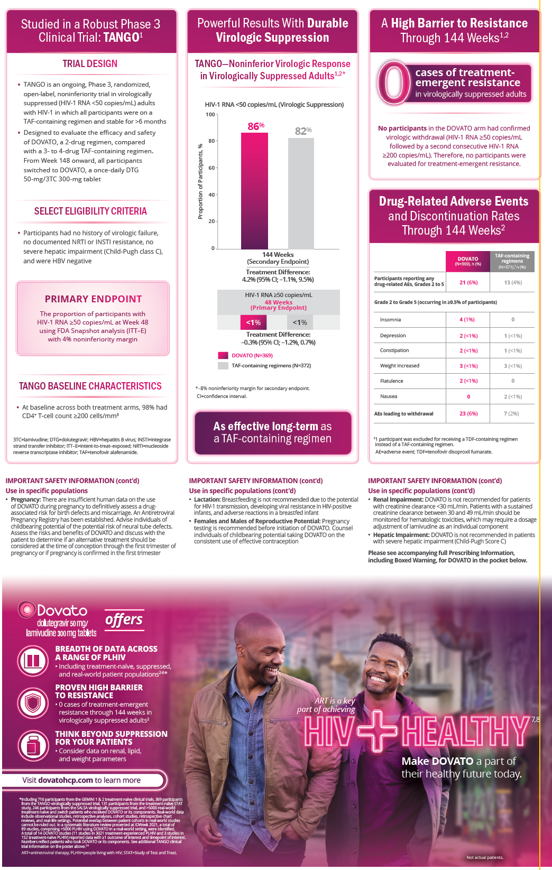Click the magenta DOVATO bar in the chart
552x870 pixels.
(x=254, y=190)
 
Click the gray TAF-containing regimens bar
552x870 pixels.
(x=301, y=193)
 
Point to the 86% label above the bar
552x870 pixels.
(x=256, y=126)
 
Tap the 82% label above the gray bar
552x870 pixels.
(x=303, y=131)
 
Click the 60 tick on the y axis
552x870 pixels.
(x=211, y=168)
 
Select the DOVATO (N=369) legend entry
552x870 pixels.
(x=252, y=355)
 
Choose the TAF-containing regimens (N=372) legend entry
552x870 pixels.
(x=271, y=365)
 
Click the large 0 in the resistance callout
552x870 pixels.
(x=394, y=82)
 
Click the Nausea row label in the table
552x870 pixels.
(x=389, y=396)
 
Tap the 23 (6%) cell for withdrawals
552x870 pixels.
(x=468, y=414)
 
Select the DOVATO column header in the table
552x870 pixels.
(x=468, y=261)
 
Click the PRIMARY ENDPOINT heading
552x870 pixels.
(x=93, y=299)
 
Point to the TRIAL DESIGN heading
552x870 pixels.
(x=90, y=64)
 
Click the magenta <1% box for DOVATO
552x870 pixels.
(x=253, y=322)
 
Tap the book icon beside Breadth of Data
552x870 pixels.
(x=33, y=660)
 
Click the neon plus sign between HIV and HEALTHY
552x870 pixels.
(x=378, y=730)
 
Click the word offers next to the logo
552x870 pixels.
(x=124, y=619)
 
